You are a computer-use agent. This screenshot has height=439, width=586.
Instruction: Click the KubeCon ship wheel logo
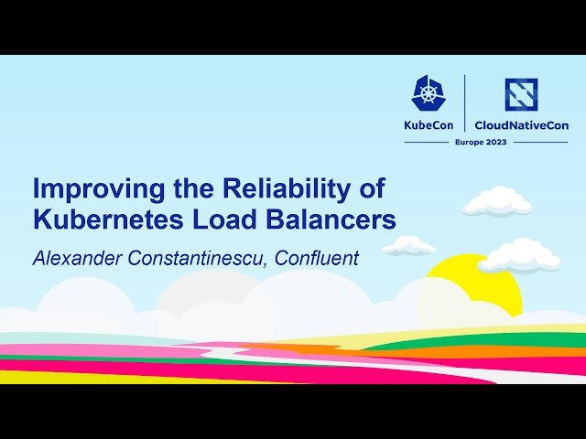[x=429, y=92]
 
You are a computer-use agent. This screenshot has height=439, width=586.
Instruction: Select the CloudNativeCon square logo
[x=520, y=94]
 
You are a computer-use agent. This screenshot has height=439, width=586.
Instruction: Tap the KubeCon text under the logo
[x=429, y=125]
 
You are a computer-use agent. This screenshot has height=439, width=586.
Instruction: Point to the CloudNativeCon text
[x=521, y=125]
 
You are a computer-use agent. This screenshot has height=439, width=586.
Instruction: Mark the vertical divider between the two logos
[x=465, y=102]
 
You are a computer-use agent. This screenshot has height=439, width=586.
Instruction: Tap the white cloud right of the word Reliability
[x=496, y=201]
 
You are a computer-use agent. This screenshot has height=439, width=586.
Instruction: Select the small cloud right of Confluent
[x=407, y=245]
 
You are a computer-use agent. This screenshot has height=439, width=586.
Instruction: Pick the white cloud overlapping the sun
[x=519, y=256]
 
